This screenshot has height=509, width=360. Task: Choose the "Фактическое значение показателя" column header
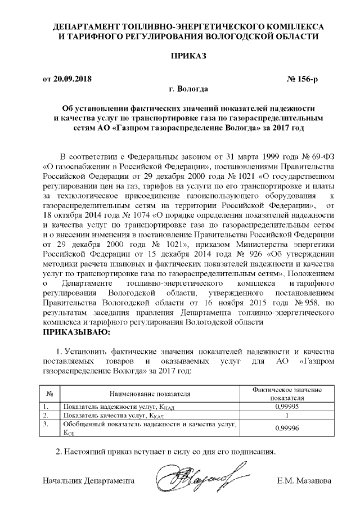click(x=280, y=393)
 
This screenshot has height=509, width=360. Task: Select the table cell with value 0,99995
click(x=280, y=406)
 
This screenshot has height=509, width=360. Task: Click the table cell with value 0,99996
click(x=280, y=428)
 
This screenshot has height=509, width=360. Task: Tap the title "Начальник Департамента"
click(x=89, y=481)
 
